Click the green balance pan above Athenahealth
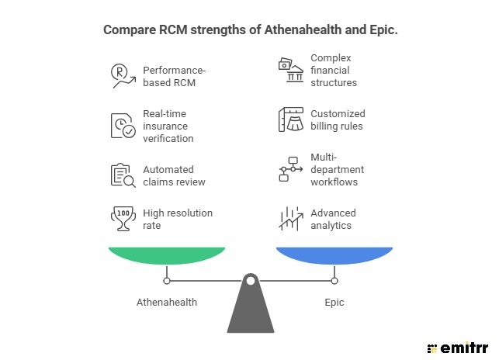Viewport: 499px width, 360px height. click(x=167, y=255)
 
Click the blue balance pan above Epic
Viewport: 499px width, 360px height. click(x=334, y=255)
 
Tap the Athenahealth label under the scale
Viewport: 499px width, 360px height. click(x=167, y=302)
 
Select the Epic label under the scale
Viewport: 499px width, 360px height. click(x=334, y=302)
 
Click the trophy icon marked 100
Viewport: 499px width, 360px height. click(x=123, y=218)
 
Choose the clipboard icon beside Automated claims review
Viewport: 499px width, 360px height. click(x=123, y=175)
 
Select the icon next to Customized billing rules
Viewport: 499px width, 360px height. click(x=290, y=119)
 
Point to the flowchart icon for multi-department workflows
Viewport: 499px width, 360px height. click(x=290, y=169)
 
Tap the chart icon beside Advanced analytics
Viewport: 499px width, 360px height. click(x=290, y=218)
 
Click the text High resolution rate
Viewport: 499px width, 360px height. click(x=178, y=219)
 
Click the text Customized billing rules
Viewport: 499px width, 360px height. click(x=338, y=120)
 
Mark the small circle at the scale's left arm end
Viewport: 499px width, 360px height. click(x=167, y=281)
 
